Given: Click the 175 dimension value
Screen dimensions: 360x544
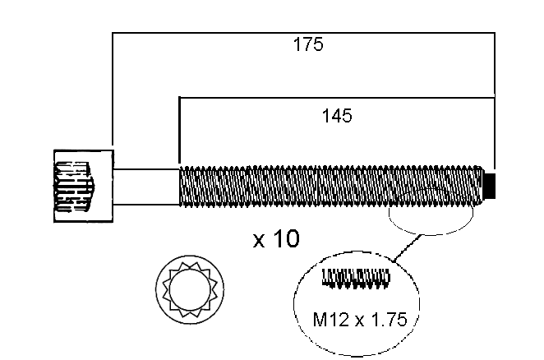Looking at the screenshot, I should click(308, 45).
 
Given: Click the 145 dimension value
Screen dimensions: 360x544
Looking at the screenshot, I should click(337, 116).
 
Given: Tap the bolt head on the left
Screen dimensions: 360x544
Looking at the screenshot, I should click(83, 187).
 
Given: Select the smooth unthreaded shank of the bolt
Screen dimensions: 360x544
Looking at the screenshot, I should click(146, 185).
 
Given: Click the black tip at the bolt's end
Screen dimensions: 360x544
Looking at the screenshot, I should click(491, 185).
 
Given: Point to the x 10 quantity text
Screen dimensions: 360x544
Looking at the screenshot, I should click(276, 240).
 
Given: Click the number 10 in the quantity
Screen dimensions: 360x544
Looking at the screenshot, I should click(287, 240).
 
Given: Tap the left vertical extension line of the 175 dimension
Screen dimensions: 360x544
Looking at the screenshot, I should click(113, 90).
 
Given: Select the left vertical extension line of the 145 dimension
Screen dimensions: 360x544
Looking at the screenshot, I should click(179, 132).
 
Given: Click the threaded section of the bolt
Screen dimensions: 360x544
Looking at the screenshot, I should click(329, 185).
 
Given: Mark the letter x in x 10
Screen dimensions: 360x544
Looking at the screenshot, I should click(260, 242).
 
